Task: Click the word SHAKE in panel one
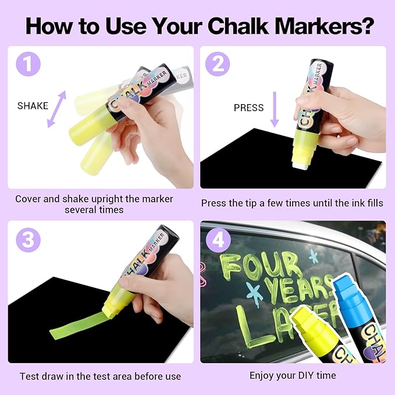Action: [x=33, y=105]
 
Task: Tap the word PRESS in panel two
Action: [x=248, y=108]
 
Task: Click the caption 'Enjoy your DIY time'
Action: [x=293, y=376]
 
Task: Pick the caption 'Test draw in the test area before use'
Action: [x=100, y=376]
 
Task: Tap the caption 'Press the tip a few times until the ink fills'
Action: [x=293, y=203]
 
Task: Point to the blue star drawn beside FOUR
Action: [x=314, y=257]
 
